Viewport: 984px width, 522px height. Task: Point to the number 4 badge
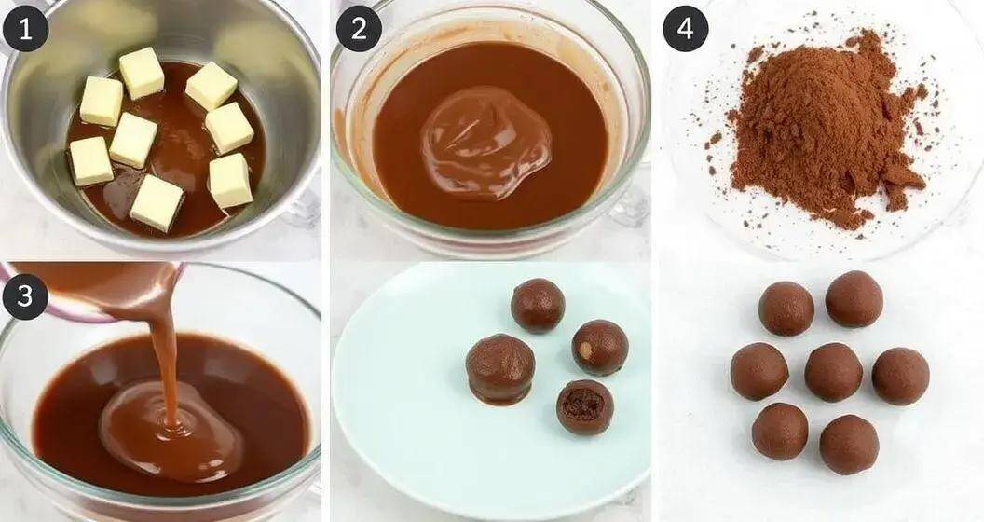[685, 29]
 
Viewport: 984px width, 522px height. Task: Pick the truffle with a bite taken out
[585, 406]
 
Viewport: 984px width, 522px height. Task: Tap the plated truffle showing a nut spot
[599, 347]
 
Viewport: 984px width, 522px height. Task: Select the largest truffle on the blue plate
[500, 368]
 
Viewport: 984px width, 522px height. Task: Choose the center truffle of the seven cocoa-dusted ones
[833, 372]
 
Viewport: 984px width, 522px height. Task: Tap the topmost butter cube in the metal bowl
[141, 73]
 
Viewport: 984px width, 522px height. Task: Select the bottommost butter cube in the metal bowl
[156, 202]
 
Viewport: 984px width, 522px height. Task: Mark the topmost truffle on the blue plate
[538, 305]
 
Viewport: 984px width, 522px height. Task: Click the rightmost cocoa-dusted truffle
[900, 376]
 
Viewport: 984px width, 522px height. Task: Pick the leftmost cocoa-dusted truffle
[758, 371]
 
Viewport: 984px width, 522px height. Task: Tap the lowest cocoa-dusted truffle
[848, 445]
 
